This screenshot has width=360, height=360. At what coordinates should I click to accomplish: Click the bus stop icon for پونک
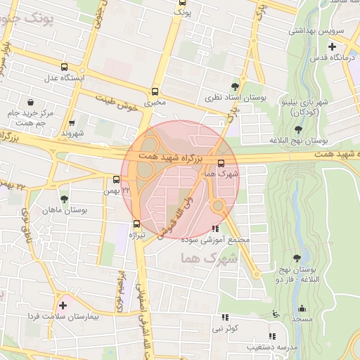pyautogui.click(x=182, y=3)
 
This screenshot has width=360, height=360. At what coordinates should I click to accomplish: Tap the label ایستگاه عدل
pyautogui.click(x=65, y=77)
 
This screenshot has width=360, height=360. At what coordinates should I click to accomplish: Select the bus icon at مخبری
pyautogui.click(x=155, y=91)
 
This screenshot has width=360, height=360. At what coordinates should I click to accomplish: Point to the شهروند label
pyautogui.click(x=72, y=132)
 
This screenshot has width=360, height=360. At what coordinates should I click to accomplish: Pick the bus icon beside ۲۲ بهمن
pyautogui.click(x=117, y=179)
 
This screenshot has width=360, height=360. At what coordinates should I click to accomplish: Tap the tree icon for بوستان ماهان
pyautogui.click(x=64, y=200)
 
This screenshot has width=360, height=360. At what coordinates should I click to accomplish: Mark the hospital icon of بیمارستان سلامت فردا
pyautogui.click(x=64, y=305)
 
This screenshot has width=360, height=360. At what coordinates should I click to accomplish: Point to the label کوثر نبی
pyautogui.click(x=227, y=328)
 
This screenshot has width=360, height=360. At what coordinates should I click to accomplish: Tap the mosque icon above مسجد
pyautogui.click(x=302, y=308)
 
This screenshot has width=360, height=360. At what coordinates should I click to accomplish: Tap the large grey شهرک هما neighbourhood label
pyautogui.click(x=210, y=259)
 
